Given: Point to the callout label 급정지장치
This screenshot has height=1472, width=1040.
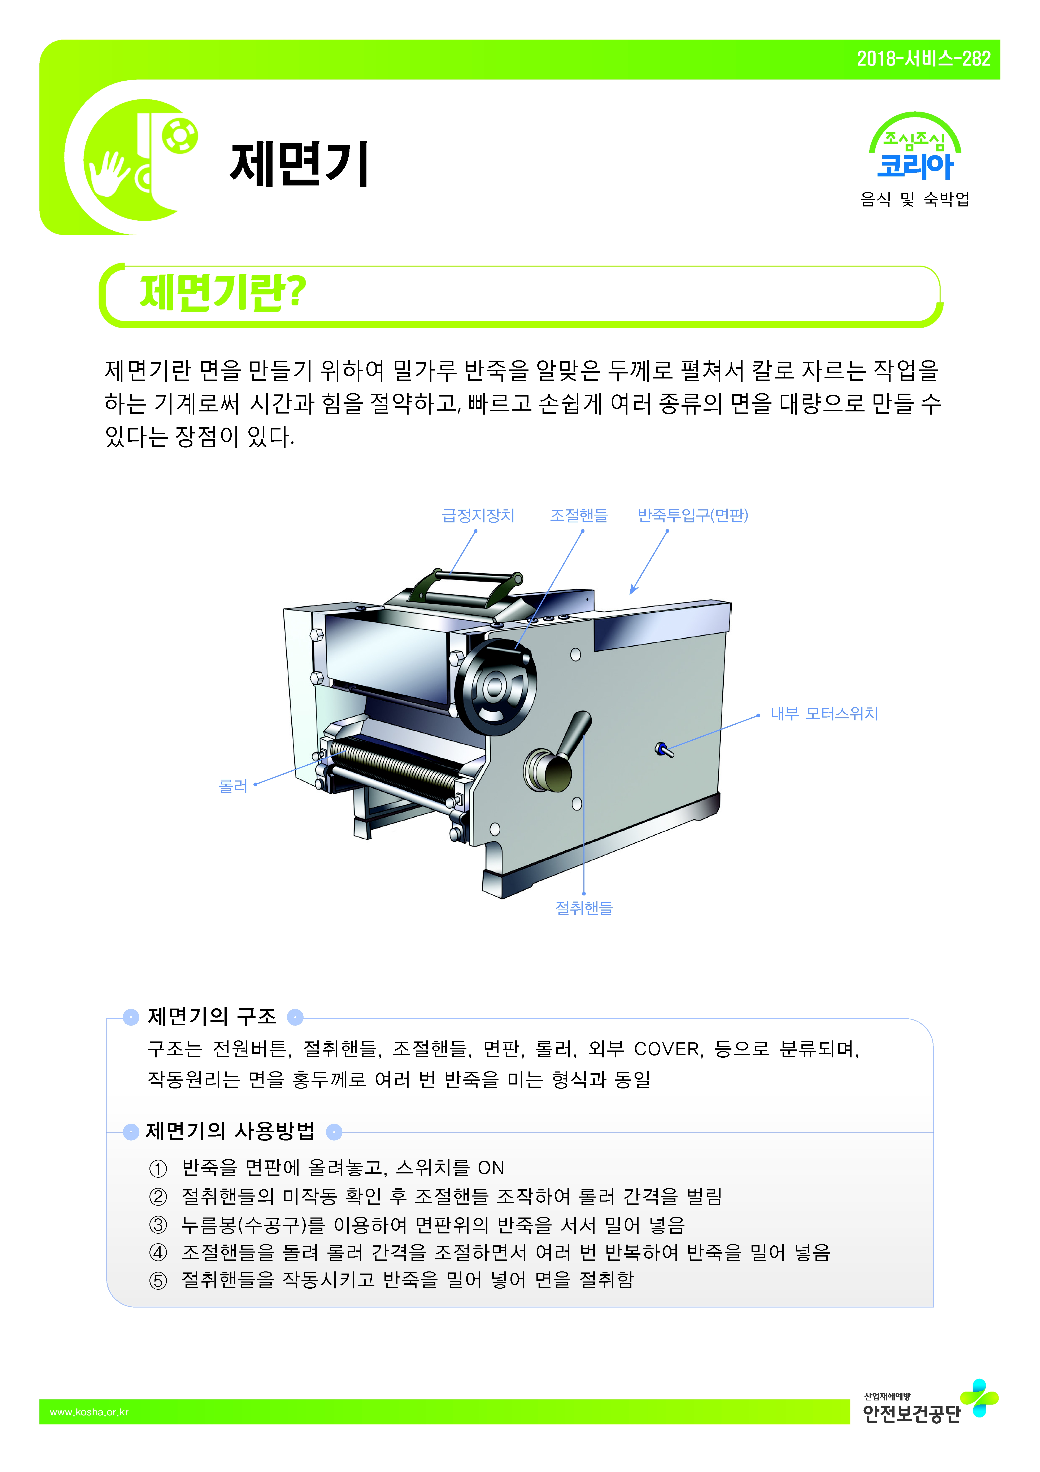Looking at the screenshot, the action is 478,515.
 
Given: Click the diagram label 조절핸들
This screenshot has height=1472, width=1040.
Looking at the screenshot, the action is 579,515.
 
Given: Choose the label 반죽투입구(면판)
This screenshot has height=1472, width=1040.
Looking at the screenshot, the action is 693,515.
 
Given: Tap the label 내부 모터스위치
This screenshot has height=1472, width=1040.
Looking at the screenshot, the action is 824,714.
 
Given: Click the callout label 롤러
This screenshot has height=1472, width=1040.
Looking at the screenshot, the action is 233,786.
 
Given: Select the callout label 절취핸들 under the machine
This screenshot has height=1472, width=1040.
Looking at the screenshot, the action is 584,908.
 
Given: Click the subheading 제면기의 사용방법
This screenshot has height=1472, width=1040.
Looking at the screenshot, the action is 231,1131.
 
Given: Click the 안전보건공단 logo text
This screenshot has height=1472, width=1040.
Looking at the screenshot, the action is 912,1413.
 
